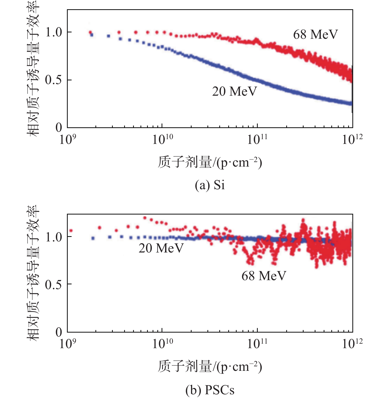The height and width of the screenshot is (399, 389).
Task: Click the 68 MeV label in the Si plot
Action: point(315,35)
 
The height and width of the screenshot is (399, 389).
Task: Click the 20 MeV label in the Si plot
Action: point(234,91)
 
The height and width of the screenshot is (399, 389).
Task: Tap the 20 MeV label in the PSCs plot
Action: point(161,248)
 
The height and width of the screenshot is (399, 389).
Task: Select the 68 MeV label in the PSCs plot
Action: point(264,276)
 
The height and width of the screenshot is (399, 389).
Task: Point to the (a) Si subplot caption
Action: point(210,185)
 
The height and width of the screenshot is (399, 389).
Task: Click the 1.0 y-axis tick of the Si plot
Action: point(54,32)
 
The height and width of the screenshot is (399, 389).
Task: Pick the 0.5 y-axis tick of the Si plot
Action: point(54,80)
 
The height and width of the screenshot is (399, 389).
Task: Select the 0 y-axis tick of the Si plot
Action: point(59,128)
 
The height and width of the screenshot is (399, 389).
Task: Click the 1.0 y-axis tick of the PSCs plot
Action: point(54,237)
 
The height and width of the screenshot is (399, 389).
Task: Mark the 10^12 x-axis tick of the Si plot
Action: point(352,139)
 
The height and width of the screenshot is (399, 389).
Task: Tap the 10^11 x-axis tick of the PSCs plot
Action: point(257,344)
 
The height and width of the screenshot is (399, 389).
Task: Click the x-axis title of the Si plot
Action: point(210,162)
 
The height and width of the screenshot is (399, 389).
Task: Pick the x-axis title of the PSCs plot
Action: point(210,367)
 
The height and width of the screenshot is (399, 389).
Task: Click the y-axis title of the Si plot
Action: point(33,69)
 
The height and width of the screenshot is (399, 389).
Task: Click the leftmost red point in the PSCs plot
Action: point(71,231)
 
